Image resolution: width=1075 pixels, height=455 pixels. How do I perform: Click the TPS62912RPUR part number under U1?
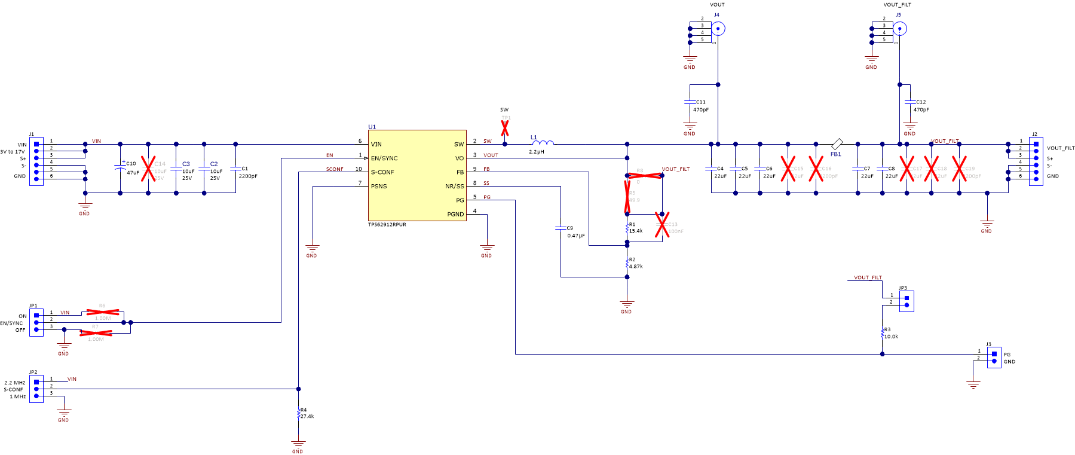coord(387,225)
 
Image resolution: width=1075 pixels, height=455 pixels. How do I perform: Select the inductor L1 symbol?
coord(543,143)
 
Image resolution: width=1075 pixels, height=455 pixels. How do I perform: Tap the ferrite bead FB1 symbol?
coord(837,144)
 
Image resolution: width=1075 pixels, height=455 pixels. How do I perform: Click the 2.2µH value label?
coord(536,152)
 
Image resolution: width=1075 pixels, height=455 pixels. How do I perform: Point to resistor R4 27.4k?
coord(298,413)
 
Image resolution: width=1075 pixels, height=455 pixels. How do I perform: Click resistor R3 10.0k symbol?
coord(882,333)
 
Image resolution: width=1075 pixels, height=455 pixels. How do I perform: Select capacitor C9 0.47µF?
coord(561,228)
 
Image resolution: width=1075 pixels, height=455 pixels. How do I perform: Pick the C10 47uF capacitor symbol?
coord(120,168)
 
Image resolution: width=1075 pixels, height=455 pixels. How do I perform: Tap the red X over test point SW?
coord(505,128)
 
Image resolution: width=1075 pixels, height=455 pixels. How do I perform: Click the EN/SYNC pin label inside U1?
coord(384,158)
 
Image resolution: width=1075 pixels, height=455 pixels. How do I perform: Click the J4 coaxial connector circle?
coord(718,28)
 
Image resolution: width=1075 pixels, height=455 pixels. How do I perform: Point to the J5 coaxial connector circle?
coord(899,28)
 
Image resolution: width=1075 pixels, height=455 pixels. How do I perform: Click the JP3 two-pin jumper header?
coord(906,301)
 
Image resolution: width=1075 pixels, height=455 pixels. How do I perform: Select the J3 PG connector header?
coord(994,357)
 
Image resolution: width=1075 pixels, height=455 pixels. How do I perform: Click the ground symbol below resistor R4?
coord(298,444)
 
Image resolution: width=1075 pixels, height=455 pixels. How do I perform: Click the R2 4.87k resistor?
coord(627,263)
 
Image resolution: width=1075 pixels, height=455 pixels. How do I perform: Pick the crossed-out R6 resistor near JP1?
coord(103,312)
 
